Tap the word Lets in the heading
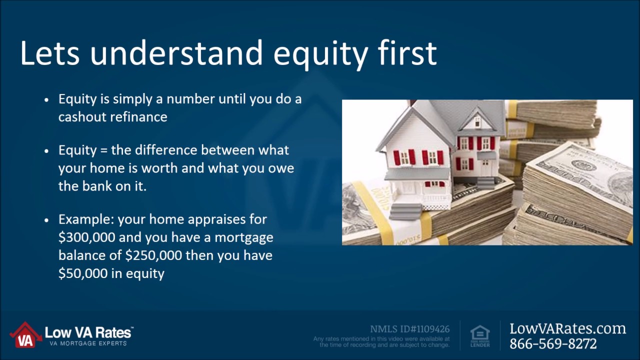pyautogui.click(x=49, y=53)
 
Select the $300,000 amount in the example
pyautogui.click(x=87, y=237)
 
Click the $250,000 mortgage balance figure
pyautogui.click(x=153, y=255)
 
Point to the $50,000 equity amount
pyautogui.click(x=83, y=273)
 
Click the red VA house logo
pyautogui.click(x=25, y=335)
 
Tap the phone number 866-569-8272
pyautogui.click(x=553, y=343)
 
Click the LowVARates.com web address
pyautogui.click(x=567, y=328)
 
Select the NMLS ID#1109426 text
pyautogui.click(x=409, y=329)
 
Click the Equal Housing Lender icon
pyautogui.click(x=480, y=336)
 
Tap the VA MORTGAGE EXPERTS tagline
pyautogui.click(x=88, y=343)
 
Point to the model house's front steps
pyautogui.click(x=406, y=211)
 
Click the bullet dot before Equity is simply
pyautogui.click(x=47, y=100)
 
